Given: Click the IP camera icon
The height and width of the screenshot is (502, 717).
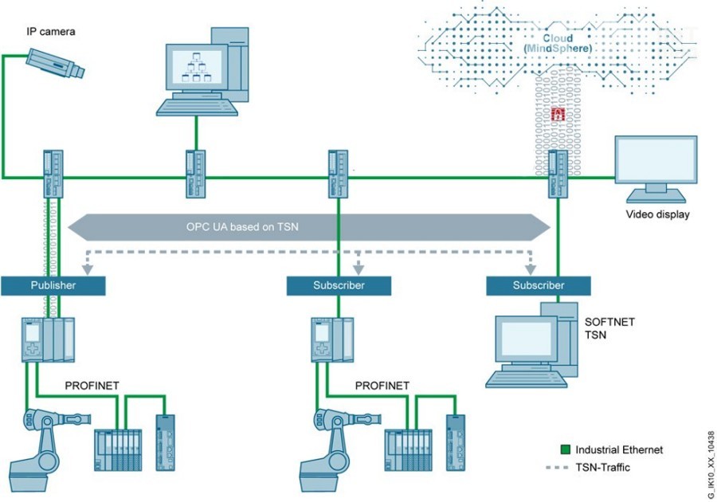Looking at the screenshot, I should point(54,63).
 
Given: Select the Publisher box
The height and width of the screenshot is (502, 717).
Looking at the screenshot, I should point(53,285).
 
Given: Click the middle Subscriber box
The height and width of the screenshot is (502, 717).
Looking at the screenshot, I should point(339,285).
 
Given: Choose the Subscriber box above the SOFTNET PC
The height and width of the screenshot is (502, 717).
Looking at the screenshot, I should point(539,285).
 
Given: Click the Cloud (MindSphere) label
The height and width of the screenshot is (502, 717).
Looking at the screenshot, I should point(558,43).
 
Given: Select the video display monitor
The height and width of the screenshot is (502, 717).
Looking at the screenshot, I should point(656,168).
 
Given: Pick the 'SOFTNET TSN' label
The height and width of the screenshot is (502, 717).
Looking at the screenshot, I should point(609,327).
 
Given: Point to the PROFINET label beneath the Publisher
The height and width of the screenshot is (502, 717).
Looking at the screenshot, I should point(92,386).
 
